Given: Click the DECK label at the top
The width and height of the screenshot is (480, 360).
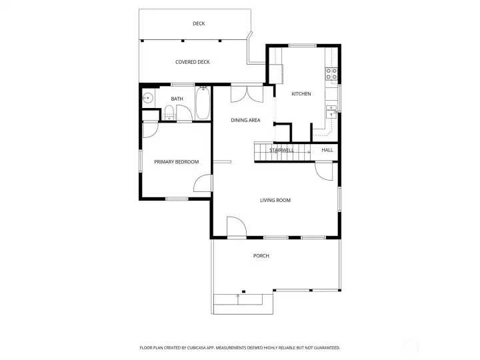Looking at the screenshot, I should [x=199, y=24].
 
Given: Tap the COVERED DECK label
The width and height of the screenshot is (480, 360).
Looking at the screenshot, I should [x=193, y=62].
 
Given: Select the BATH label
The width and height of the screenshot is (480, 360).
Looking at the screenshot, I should [x=177, y=99].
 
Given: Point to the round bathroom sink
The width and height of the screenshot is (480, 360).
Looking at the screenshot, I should [x=148, y=99].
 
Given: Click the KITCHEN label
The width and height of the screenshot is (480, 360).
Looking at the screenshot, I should [x=301, y=94].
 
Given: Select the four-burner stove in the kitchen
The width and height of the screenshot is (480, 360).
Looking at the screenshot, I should [x=331, y=74].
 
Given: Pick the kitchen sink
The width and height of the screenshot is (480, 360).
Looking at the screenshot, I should [x=331, y=110].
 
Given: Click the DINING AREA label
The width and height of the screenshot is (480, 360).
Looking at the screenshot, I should [x=245, y=121].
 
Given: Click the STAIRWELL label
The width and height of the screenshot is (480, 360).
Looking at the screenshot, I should [x=281, y=151].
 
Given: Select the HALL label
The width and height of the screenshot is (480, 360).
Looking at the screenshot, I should [x=327, y=151].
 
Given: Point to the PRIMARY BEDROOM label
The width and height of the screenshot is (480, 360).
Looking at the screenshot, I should [x=177, y=162].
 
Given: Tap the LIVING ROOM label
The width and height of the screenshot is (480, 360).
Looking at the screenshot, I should [x=275, y=200].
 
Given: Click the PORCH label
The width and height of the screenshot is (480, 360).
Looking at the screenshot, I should [x=261, y=256].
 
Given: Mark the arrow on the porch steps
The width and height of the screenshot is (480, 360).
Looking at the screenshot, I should [x=238, y=299].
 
